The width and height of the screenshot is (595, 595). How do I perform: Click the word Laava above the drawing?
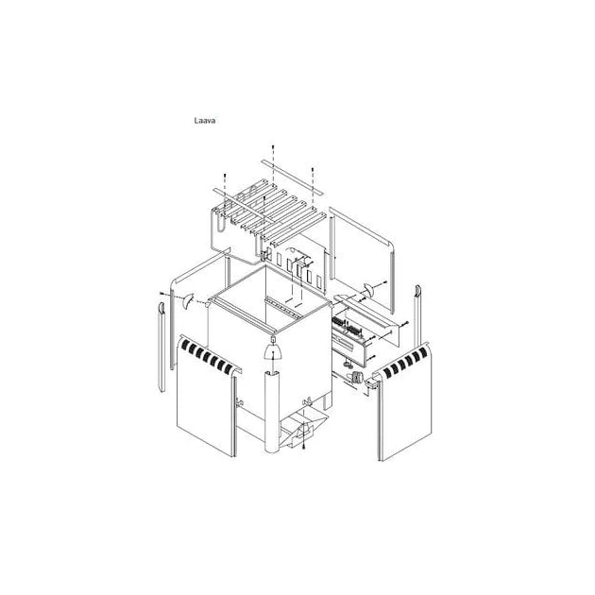coord(205,121)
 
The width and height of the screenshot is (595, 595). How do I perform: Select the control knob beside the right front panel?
coord(356,378)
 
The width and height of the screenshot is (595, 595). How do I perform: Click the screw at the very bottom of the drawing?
coord(304,448)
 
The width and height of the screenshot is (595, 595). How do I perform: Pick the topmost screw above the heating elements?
coord(273,147)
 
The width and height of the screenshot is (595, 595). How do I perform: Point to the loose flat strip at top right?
coord(293,178)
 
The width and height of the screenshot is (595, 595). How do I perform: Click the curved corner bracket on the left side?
coord(188,300)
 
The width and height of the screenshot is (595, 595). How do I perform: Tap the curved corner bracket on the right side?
coord(369,290)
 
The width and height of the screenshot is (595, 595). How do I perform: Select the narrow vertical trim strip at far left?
coord(161,347)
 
